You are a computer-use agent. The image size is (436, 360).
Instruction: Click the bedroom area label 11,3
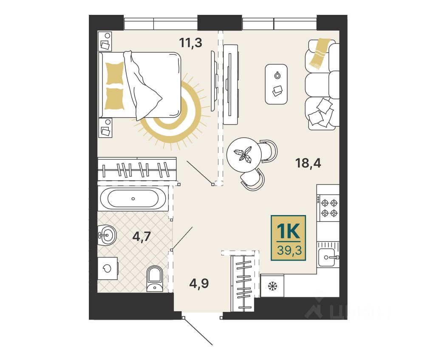click(x=190, y=43)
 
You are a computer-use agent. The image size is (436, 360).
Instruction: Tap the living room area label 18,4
click(x=308, y=163)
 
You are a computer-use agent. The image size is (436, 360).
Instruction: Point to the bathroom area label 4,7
click(x=142, y=237)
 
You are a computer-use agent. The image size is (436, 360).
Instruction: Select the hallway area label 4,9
click(x=199, y=283)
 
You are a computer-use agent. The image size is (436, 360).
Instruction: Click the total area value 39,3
click(x=289, y=250)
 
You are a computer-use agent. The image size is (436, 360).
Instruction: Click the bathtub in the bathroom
click(x=133, y=198)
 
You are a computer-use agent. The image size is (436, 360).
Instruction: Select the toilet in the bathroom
click(x=155, y=278)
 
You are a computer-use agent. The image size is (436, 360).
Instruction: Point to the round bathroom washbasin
click(x=107, y=235)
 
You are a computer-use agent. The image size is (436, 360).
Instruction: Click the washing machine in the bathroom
click(x=108, y=268)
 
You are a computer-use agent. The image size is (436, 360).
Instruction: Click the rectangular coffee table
click(x=276, y=84)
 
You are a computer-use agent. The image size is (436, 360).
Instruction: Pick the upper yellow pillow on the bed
click(x=115, y=73)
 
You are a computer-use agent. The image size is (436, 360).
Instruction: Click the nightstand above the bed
click(x=105, y=41)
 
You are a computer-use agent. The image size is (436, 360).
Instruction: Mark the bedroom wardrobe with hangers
click(x=137, y=169)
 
